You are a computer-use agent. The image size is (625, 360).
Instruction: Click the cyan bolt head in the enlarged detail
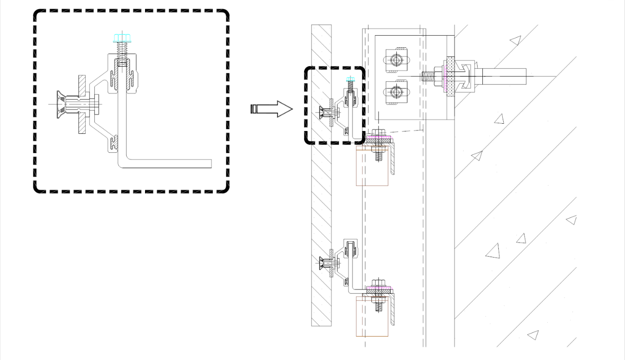click(120, 38)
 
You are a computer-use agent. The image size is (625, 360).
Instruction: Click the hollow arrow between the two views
click(272, 109)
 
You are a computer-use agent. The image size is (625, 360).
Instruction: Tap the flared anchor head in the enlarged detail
click(61, 104)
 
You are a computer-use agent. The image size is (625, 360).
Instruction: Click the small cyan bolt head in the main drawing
click(350, 80)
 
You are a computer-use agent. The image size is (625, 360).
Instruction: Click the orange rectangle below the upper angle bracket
click(372, 167)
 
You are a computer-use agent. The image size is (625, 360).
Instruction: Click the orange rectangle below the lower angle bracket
click(372, 316)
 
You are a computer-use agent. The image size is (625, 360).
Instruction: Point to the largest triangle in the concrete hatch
click(493, 251)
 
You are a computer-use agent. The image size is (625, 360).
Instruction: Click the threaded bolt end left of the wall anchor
click(429, 76)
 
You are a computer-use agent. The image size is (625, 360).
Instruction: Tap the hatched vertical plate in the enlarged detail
click(82, 104)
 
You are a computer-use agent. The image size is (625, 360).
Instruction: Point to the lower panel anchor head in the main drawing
click(322, 264)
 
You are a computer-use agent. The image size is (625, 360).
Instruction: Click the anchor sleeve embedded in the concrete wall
click(503, 76)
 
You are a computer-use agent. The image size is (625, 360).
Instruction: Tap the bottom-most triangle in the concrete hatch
click(533, 334)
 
